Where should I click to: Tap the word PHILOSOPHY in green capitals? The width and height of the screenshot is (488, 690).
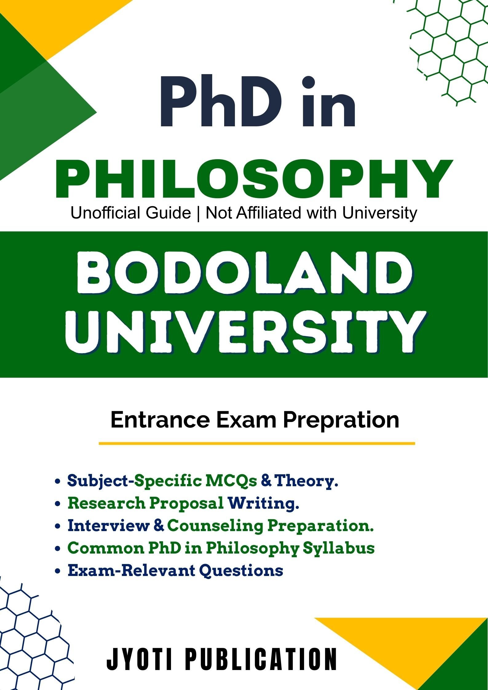pos(254,179)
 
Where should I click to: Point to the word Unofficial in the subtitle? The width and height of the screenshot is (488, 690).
pos(131,213)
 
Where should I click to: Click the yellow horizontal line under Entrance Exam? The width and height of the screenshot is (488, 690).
pos(257,444)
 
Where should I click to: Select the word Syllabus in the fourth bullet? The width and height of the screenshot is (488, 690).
pos(339,549)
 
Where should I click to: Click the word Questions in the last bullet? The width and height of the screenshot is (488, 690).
pos(241,571)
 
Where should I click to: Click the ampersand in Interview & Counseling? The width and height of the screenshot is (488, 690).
pos(159,526)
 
